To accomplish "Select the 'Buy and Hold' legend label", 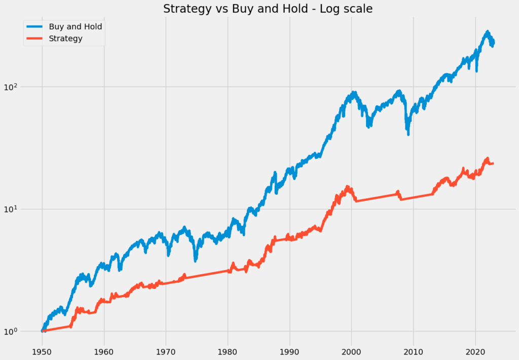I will click(76, 26).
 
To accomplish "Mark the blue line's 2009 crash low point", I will click(408, 134).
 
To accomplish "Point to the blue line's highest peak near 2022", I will click(488, 31).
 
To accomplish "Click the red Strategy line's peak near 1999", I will click(348, 187).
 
